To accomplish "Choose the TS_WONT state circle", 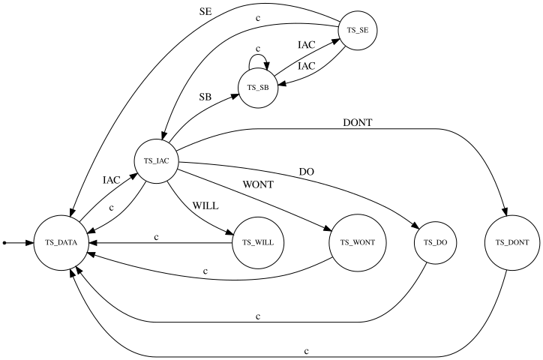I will (358, 243).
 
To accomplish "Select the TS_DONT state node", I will (513, 243).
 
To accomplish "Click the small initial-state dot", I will (5, 243).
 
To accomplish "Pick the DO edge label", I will (306, 172).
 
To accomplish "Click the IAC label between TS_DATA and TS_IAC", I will (112, 180).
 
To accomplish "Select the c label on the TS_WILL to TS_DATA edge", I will (156, 237).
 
